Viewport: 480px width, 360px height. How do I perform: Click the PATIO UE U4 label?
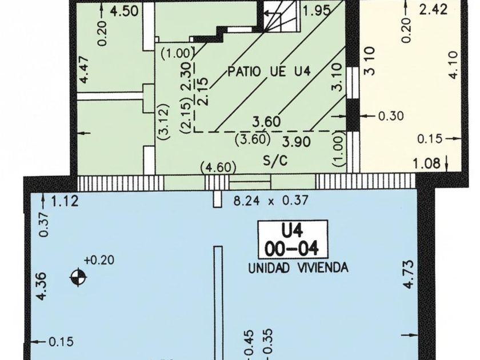coord(269,73)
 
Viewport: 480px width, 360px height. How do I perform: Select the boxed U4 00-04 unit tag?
coord(292,240)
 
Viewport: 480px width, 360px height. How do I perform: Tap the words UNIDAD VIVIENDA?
coord(298,267)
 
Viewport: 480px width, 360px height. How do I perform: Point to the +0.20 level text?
coord(98,260)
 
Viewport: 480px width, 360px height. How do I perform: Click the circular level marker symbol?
coord(78,278)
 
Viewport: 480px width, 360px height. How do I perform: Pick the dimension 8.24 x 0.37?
coord(271,201)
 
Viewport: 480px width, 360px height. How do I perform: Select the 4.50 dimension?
coord(120,12)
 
